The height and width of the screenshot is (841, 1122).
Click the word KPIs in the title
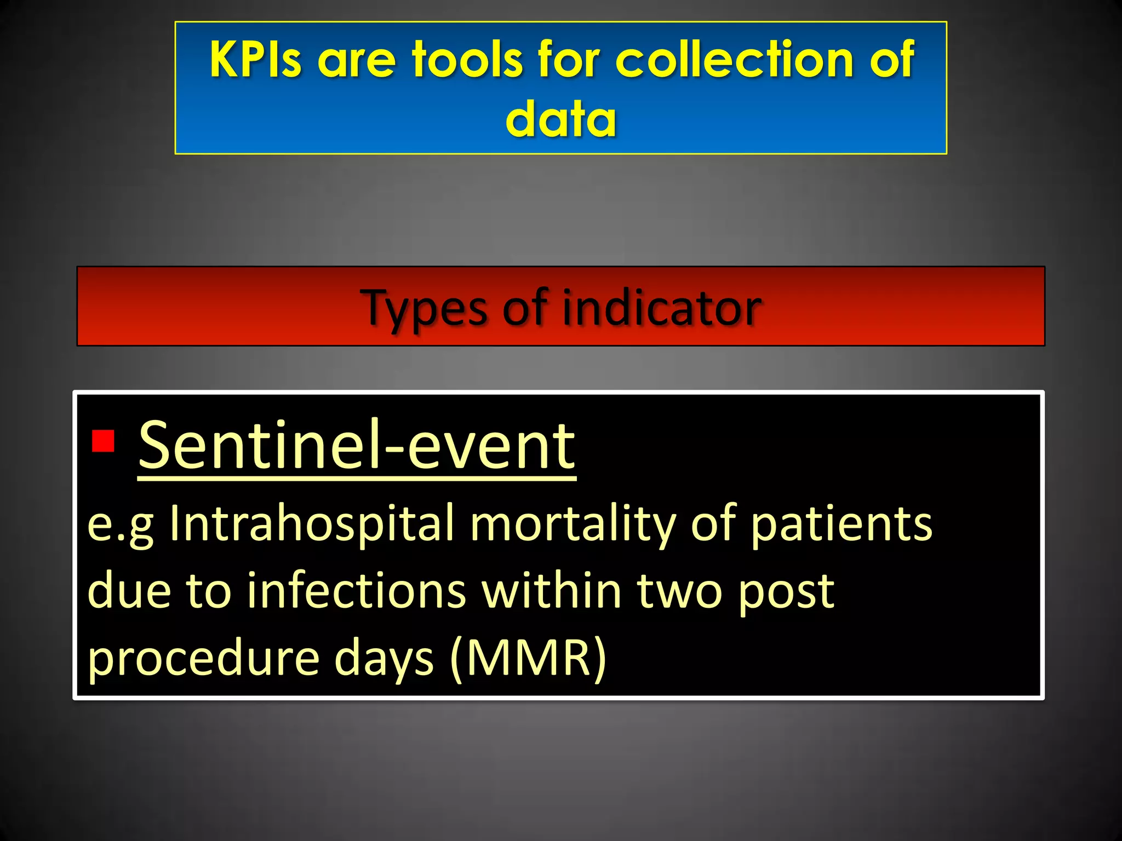[x=255, y=59]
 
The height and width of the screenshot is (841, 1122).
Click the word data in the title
[x=560, y=119]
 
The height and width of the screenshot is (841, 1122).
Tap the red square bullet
[x=103, y=441]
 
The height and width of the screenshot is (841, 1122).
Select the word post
[x=786, y=592]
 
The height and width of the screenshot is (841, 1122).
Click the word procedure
[x=203, y=658]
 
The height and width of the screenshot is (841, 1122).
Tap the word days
[x=384, y=658]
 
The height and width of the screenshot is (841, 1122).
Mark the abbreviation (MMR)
[x=528, y=658]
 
